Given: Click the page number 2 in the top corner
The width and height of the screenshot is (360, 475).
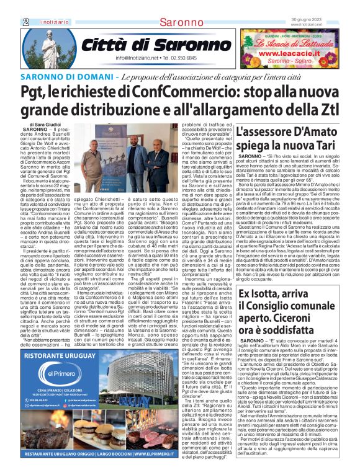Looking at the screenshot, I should point(26,22).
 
